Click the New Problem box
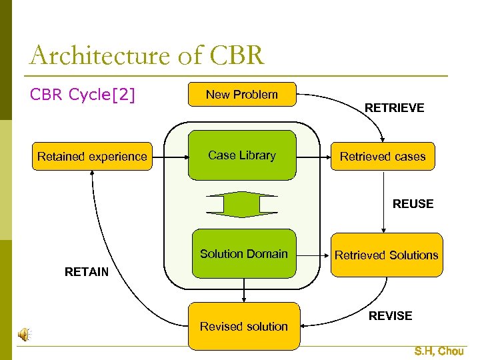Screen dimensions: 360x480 pos(242,95)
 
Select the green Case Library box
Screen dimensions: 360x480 pos(242,155)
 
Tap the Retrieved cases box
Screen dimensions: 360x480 pos(383,157)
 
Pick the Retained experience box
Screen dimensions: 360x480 pos(92,157)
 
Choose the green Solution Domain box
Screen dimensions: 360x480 pos(244,253)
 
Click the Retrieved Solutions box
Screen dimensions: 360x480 pos(387,255)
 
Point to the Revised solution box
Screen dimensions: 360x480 pos(244,326)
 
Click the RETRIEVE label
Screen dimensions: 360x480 pos(394,108)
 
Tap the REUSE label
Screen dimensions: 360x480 pos(413,204)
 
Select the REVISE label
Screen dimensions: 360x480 pos(390,316)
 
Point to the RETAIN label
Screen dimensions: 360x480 pos(86,271)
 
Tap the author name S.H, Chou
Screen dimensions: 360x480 pos(439,351)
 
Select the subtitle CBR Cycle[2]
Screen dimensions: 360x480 pos(83,95)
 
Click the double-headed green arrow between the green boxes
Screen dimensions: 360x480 pos(241,204)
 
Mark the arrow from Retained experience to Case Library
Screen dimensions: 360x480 pos(169,157)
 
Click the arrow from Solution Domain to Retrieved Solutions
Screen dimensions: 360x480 pos(313,254)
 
